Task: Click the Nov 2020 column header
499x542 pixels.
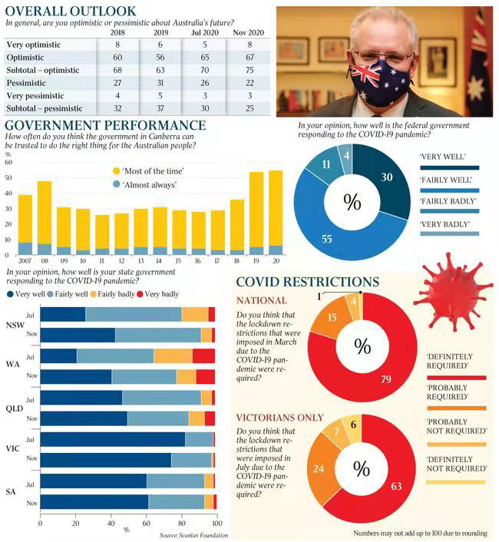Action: [x=249, y=32]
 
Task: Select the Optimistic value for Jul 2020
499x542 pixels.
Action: [x=204, y=58]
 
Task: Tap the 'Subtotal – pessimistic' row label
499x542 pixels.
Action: [x=45, y=108]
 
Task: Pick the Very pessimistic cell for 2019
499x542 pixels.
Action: [x=160, y=95]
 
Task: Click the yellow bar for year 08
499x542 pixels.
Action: [x=45, y=213]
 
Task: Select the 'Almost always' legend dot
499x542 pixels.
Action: [x=117, y=184]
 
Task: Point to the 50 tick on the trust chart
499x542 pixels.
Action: [x=8, y=177]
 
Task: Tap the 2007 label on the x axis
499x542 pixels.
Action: [x=25, y=260]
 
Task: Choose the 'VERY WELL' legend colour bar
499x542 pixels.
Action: [x=450, y=167]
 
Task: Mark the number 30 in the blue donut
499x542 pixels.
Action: [x=387, y=177]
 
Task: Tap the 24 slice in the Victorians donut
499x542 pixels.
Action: [x=319, y=468]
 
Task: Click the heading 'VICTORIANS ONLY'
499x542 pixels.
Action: [x=279, y=418]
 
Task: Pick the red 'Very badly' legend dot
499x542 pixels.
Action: [x=140, y=294]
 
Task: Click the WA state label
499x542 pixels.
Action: [x=13, y=365]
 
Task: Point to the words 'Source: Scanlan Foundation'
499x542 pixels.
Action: [x=193, y=535]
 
